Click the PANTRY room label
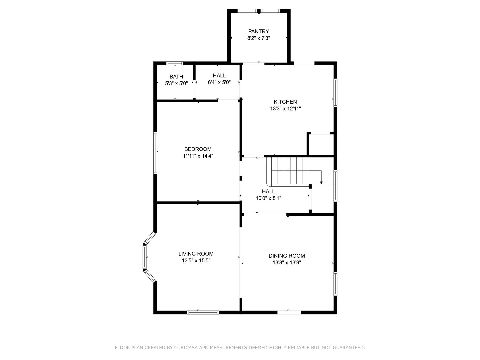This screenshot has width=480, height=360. click(258, 31)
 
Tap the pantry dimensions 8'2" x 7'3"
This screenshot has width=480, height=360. click(258, 38)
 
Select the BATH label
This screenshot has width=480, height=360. click(176, 77)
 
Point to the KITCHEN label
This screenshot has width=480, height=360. click(285, 102)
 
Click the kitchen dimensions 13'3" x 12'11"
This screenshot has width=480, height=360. click(285, 109)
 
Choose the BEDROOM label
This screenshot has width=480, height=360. click(198, 149)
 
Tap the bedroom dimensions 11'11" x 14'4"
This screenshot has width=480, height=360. click(198, 156)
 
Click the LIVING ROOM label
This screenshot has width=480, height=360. click(196, 254)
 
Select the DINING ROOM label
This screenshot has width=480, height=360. click(287, 256)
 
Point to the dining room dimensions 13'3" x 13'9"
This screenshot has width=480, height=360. click(287, 263)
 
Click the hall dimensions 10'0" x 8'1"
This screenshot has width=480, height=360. click(268, 198)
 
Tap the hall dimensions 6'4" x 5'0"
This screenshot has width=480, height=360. click(219, 82)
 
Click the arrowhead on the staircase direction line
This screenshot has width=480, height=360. click(321, 183)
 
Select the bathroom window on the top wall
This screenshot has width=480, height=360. click(175, 63)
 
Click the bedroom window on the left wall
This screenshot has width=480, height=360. click(155, 153)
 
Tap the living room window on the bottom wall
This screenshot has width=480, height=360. click(203, 313)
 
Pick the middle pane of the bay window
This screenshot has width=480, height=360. click(145, 257)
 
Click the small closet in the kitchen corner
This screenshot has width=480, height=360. click(321, 144)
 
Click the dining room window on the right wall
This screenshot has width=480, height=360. click(335, 284)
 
